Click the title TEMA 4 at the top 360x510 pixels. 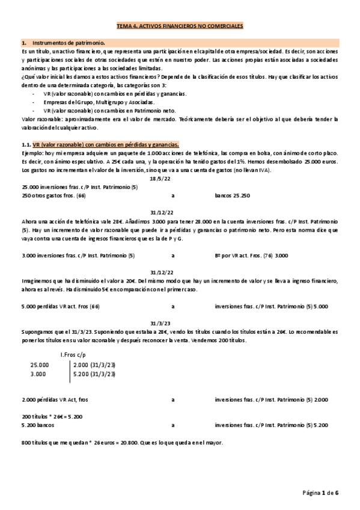pyautogui.click(x=179, y=27)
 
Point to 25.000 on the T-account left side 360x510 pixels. pyautogui.click(x=40, y=364)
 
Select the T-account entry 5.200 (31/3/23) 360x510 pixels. pyautogui.click(x=95, y=373)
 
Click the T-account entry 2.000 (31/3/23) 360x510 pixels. pyautogui.click(x=95, y=364)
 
